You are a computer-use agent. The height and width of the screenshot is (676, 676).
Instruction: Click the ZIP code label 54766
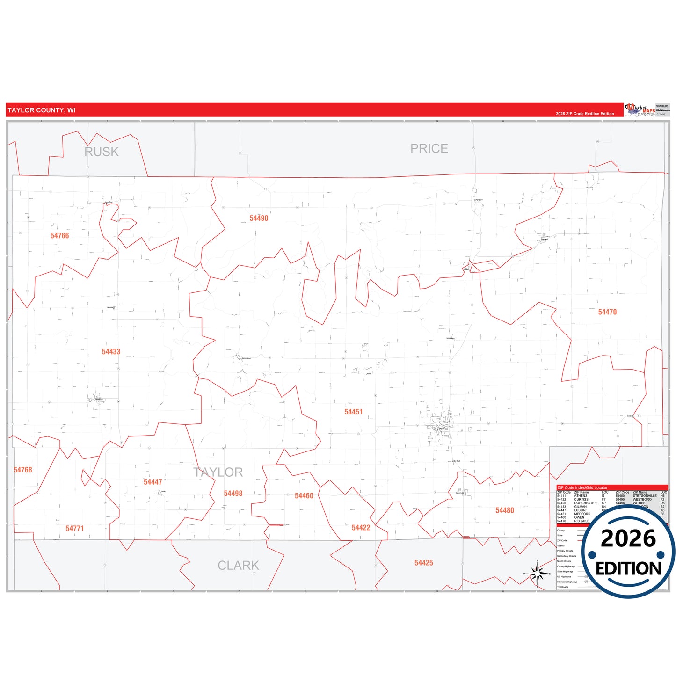(59, 236)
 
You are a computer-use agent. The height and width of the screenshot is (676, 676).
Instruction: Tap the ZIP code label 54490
(259, 218)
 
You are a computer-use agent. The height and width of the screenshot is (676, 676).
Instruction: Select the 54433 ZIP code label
(111, 352)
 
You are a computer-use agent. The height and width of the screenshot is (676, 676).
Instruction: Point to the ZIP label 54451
(353, 412)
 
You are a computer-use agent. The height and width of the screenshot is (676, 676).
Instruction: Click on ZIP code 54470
(607, 312)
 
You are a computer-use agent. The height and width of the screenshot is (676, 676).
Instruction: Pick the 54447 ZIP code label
(153, 482)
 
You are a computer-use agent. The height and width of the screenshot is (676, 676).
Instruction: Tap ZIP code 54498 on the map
(233, 494)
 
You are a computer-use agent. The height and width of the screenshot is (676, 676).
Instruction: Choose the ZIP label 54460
(304, 496)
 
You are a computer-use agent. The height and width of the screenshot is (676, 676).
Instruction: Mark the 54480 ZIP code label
(504, 510)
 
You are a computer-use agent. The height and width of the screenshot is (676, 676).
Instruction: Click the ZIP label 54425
(423, 563)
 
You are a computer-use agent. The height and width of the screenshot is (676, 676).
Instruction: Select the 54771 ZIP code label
(74, 529)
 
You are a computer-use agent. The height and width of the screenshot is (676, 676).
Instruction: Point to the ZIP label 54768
(23, 470)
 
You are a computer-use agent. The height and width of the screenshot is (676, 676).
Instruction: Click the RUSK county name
(102, 152)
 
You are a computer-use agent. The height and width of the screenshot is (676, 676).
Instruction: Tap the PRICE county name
(429, 149)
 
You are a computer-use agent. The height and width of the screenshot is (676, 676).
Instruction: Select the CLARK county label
(238, 566)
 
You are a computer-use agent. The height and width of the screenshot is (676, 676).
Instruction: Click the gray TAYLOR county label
(218, 472)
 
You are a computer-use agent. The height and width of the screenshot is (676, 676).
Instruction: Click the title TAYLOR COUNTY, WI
(42, 110)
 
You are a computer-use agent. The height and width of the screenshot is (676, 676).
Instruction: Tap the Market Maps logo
(640, 110)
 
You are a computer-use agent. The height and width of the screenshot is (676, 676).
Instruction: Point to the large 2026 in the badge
(628, 539)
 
